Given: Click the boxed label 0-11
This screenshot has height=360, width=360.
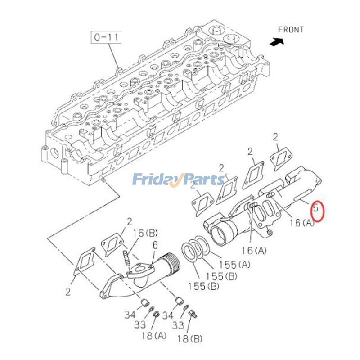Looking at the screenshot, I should pos(107,37).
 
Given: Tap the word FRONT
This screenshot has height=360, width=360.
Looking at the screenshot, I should pos(291,30).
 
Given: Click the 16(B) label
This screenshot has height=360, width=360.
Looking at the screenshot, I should pos(145,233).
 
